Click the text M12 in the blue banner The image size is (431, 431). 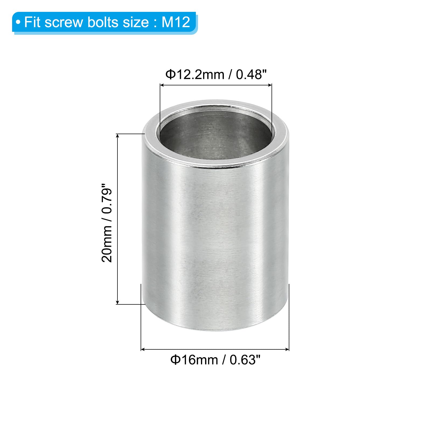point(176,22)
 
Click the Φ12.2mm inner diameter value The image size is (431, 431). point(195,74)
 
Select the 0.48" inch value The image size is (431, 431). point(251,74)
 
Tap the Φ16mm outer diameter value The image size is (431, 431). point(194,360)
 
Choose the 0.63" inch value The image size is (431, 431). point(245,360)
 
